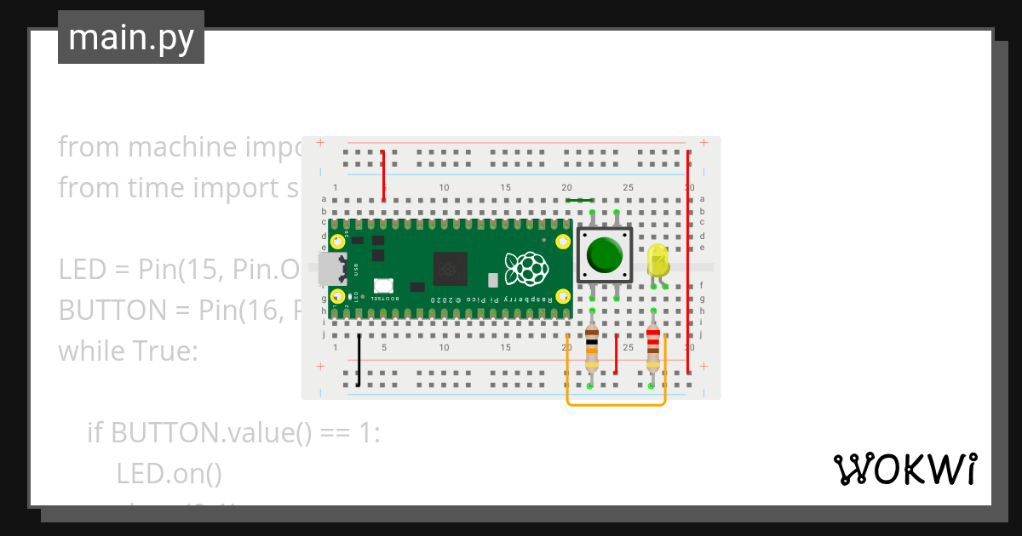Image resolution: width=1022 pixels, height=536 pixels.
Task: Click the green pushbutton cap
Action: [x=605, y=254]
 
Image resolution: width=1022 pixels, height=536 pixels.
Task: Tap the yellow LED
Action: [x=657, y=259]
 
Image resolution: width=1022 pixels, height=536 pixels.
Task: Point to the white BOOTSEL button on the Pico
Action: [x=382, y=287]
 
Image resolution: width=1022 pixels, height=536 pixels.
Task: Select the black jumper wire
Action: [x=359, y=360]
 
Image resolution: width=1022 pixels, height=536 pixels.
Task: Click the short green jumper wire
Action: [x=580, y=201]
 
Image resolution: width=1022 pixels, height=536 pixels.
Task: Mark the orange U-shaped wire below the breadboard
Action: [x=616, y=404]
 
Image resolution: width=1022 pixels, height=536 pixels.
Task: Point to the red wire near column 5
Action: [x=384, y=175]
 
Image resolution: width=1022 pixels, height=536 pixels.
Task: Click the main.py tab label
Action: [x=131, y=37]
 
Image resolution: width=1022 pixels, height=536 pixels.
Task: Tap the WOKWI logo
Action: [x=904, y=469]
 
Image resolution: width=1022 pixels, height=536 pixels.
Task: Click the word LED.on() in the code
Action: [x=169, y=472]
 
